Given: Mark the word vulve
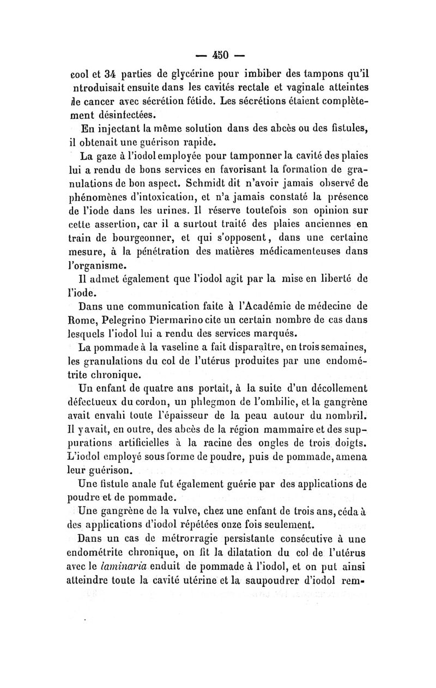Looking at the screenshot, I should coord(173,511).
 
